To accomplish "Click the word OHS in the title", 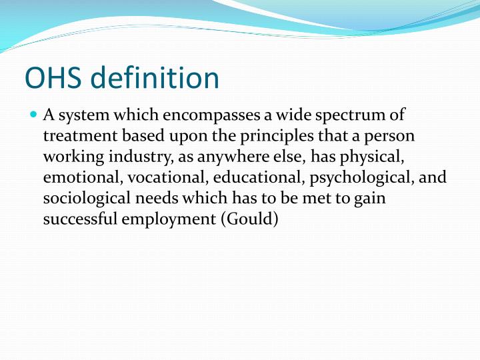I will click(53, 78).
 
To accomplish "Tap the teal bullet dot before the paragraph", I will click(35, 115).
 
